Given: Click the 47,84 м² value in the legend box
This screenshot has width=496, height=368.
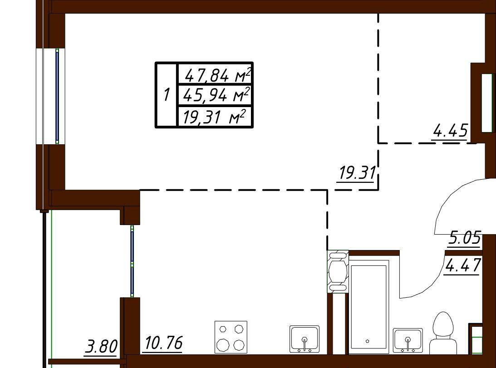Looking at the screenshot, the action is tap(218, 75).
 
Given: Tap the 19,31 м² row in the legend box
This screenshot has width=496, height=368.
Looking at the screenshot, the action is tap(214, 117).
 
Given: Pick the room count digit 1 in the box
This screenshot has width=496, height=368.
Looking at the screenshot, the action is tap(167, 95).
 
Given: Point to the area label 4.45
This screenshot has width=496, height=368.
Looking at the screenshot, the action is tap(451, 130).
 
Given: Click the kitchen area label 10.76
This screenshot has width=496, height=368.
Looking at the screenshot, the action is tap(164, 343).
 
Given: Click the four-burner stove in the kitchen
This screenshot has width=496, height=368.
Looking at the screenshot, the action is tap(231, 337).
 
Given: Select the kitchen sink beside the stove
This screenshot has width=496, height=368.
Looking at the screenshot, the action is tap(304, 339).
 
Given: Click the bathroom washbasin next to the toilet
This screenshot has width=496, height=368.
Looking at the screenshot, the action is tap(408, 340).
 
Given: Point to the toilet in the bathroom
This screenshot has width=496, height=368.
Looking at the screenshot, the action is tap(443, 334).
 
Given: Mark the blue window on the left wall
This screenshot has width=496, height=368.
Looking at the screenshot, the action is tap(57, 96).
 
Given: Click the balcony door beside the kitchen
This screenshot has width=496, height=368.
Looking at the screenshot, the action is tap(132, 261).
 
